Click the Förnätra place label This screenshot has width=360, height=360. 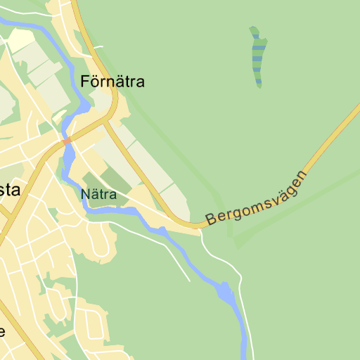(112, 82)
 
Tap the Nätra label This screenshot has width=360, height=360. (98, 194)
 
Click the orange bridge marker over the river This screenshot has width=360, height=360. (67, 142)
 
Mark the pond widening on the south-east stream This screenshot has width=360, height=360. (224, 291)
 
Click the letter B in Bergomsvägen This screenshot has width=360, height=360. (210, 219)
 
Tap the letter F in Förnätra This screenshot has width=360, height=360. (86, 82)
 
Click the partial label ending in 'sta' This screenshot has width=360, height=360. (10, 191)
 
